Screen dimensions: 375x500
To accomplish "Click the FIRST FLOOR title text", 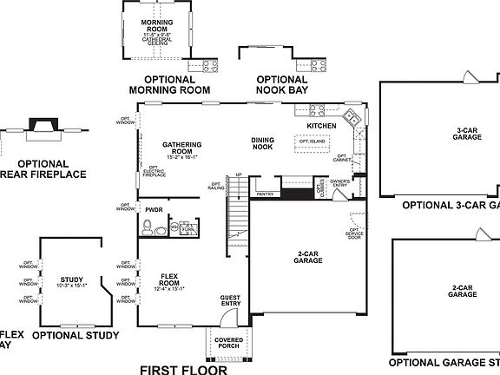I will [183, 369].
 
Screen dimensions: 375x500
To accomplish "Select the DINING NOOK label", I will [263, 143].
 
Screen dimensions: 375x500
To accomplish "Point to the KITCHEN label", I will [320, 126].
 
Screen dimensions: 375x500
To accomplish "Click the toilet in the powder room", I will [149, 229].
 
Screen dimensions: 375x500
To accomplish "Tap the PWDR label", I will [155, 210].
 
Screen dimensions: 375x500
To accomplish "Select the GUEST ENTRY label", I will [230, 299].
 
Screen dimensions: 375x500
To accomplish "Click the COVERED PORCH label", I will [228, 343].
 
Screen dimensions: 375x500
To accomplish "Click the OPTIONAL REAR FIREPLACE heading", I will [43, 168].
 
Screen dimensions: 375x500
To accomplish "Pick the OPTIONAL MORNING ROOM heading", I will [169, 84].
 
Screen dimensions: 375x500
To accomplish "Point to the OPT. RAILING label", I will [216, 186].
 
